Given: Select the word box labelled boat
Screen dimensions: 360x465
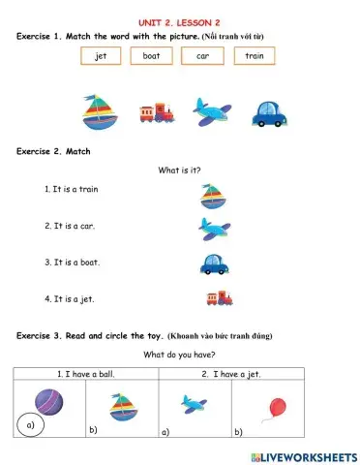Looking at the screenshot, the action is pyautogui.click(x=151, y=56).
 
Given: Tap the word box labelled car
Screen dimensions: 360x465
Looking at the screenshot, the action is pyautogui.click(x=202, y=56).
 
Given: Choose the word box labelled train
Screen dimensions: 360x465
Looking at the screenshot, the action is pyautogui.click(x=254, y=56).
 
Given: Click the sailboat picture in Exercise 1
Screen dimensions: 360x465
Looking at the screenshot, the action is pyautogui.click(x=97, y=112).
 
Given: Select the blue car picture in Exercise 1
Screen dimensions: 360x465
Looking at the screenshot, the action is pyautogui.click(x=270, y=114).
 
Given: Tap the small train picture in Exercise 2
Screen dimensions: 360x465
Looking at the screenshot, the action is pyautogui.click(x=220, y=298).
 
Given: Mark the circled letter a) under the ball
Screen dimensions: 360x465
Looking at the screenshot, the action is pyautogui.click(x=29, y=423).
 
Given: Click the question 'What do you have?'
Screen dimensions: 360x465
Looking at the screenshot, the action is pyautogui.click(x=179, y=355).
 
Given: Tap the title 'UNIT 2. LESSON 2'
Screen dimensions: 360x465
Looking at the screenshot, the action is pyautogui.click(x=179, y=21).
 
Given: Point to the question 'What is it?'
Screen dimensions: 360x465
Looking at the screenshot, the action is pyautogui.click(x=179, y=170).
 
